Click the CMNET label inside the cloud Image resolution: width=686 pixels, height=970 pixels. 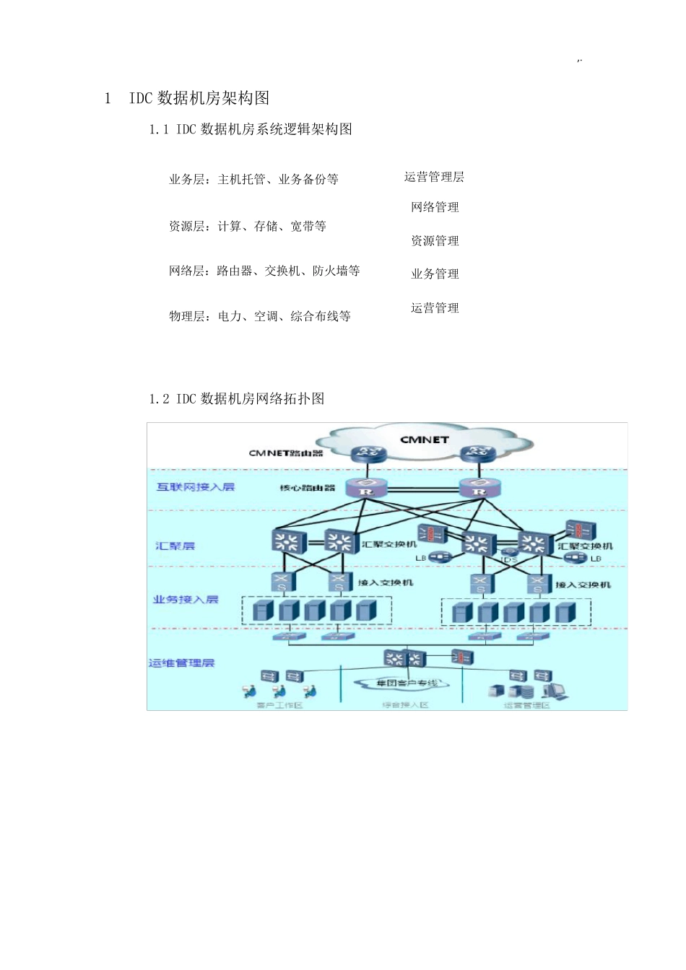pos(425,440)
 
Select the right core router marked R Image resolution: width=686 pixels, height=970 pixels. pos(479,487)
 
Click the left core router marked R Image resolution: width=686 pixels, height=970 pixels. pos(366,487)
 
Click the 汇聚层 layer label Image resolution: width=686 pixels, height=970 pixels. pos(175,546)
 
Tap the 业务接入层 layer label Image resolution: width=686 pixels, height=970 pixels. pos(186,599)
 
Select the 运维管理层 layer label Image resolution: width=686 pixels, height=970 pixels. pos(182,663)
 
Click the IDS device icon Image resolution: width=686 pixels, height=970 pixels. pos(509,553)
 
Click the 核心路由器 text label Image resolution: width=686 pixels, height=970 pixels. pos(308,488)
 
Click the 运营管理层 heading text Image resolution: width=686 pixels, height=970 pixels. pos(434,178)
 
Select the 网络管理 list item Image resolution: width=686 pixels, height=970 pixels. pos(435,208)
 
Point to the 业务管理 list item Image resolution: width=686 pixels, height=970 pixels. pos(435,274)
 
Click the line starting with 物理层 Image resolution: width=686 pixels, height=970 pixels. pos(260,316)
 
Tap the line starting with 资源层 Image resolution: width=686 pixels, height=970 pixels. pos(248,227)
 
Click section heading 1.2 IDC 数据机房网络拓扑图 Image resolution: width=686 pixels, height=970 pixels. pos(236,398)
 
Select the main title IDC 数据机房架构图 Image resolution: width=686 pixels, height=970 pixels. pos(199,98)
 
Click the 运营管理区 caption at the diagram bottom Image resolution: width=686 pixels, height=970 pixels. pos(526,705)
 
